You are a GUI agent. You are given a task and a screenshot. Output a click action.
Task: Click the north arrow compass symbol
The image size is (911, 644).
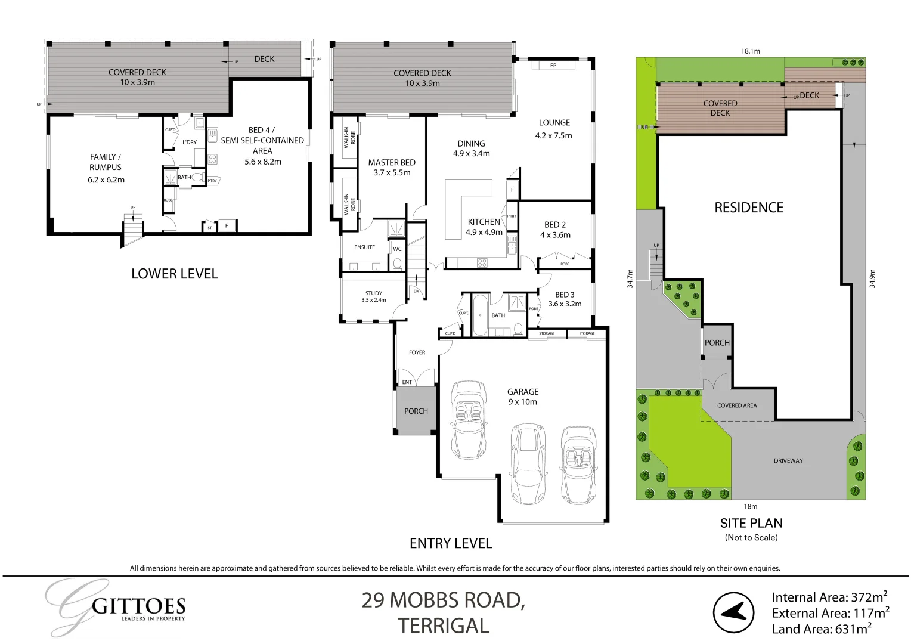click(734, 612)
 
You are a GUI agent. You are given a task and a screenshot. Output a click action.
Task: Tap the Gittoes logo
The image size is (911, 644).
click(117, 608)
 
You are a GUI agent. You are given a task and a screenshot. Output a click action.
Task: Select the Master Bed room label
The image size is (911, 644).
click(392, 168)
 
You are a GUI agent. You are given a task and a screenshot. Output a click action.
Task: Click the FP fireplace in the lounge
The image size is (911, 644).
click(554, 65)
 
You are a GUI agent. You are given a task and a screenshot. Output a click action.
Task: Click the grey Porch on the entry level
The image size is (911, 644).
click(416, 411)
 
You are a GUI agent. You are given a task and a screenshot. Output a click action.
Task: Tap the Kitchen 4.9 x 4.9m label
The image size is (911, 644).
click(484, 227)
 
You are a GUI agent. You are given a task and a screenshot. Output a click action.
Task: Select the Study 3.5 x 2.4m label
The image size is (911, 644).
click(374, 296)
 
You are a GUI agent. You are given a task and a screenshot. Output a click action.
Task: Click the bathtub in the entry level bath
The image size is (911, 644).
click(480, 315)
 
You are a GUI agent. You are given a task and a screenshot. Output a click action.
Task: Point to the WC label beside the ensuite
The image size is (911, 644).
click(397, 249)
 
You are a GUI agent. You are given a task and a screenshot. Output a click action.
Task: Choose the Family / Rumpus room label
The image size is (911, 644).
click(106, 168)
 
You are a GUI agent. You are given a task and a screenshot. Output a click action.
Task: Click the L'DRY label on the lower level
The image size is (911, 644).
click(190, 142)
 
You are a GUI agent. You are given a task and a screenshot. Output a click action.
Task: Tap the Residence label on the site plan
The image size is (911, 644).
click(749, 208)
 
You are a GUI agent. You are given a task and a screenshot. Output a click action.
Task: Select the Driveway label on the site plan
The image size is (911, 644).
click(788, 460)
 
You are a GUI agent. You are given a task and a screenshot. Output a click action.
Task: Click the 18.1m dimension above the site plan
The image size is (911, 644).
click(751, 51)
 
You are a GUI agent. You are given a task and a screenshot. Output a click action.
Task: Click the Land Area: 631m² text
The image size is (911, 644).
click(822, 628)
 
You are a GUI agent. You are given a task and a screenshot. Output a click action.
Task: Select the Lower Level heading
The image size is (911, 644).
click(175, 274)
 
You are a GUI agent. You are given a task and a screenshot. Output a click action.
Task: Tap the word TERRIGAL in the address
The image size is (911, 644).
click(444, 626)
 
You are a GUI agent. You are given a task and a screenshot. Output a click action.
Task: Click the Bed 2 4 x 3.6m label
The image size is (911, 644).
click(555, 230)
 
